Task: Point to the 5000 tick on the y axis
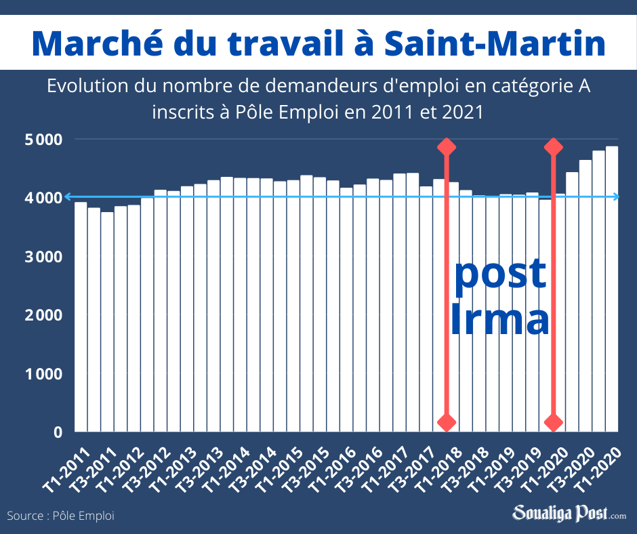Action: pyautogui.click(x=44, y=140)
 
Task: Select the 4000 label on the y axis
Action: pyautogui.click(x=44, y=198)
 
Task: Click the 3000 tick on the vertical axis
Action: pyautogui.click(x=44, y=257)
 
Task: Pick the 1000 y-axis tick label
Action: pyautogui.click(x=44, y=374)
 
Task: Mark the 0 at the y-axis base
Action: pyautogui.click(x=58, y=432)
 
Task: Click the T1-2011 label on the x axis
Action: pyautogui.click(x=69, y=467)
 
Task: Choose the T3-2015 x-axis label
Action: pyautogui.click(x=309, y=467)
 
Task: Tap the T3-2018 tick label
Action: pyautogui.click(x=468, y=467)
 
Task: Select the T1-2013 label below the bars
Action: pyautogui.click(x=176, y=467)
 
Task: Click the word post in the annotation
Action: pyautogui.click(x=500, y=272)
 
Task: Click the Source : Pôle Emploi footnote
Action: pyautogui.click(x=61, y=516)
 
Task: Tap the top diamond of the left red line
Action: pyautogui.click(x=446, y=147)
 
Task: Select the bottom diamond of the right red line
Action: pyautogui.click(x=554, y=423)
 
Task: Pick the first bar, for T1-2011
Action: pyautogui.click(x=81, y=316)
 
